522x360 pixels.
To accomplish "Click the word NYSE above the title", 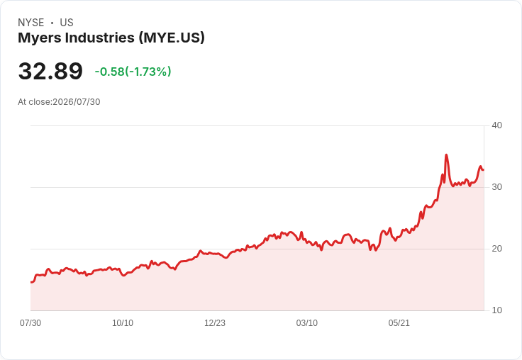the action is pyautogui.click(x=31, y=23).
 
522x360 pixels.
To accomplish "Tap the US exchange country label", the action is pyautogui.click(x=67, y=23).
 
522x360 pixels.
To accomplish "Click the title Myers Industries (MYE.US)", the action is pyautogui.click(x=111, y=38).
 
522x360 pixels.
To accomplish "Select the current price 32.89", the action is pyautogui.click(x=50, y=71).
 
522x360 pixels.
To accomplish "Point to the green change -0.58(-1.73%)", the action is pyautogui.click(x=133, y=72).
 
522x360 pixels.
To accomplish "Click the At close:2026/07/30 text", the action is pyautogui.click(x=59, y=102).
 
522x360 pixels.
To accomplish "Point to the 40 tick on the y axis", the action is pyautogui.click(x=496, y=125).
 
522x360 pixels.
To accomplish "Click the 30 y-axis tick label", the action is pyautogui.click(x=496, y=187).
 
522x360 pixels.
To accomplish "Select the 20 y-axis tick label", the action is pyautogui.click(x=496, y=249).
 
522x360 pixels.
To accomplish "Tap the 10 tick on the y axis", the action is pyautogui.click(x=496, y=310).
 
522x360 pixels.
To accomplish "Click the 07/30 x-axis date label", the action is pyautogui.click(x=30, y=323).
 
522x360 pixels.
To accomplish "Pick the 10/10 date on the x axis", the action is pyautogui.click(x=123, y=323).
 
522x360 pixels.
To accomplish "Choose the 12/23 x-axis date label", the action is pyautogui.click(x=215, y=323).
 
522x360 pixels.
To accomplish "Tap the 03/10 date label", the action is pyautogui.click(x=307, y=323).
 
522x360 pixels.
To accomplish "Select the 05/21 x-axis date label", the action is pyautogui.click(x=399, y=323).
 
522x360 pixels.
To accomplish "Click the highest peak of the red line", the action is pyautogui.click(x=446, y=154).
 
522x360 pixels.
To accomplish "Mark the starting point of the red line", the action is pyautogui.click(x=31, y=282).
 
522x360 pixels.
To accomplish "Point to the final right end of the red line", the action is pyautogui.click(x=484, y=170).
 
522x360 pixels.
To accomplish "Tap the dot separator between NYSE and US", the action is pyautogui.click(x=52, y=23).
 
